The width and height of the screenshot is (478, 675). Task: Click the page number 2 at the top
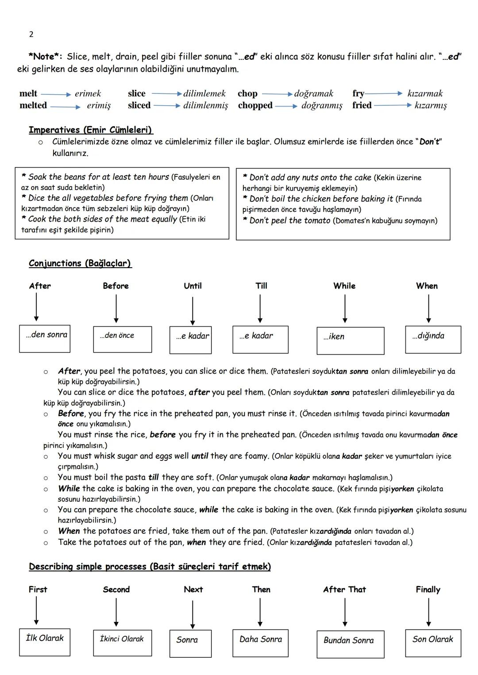point(31,35)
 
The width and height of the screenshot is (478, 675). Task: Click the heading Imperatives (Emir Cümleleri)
point(91,130)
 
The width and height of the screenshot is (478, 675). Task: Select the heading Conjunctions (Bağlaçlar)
point(80,263)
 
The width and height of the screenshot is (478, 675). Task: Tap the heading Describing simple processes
point(150,567)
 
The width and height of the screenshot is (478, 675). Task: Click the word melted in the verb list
point(33,105)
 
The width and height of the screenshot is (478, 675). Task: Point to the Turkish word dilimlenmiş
point(206,105)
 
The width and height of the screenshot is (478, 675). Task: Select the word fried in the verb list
point(362,105)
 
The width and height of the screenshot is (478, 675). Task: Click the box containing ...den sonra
point(45,338)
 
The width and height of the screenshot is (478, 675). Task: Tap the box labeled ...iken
point(350,341)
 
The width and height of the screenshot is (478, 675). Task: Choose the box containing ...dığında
point(433,339)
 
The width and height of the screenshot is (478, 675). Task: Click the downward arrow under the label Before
point(116,309)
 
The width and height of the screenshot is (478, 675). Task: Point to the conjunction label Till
point(262,286)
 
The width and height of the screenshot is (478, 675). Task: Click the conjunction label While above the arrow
point(344,286)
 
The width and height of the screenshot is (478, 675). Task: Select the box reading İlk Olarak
point(45,642)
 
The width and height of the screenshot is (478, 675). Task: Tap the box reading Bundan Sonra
point(350,644)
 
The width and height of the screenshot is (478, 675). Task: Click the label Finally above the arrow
point(428,590)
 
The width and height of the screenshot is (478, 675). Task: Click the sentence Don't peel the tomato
point(289,220)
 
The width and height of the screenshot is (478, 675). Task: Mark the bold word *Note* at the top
point(46,57)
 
